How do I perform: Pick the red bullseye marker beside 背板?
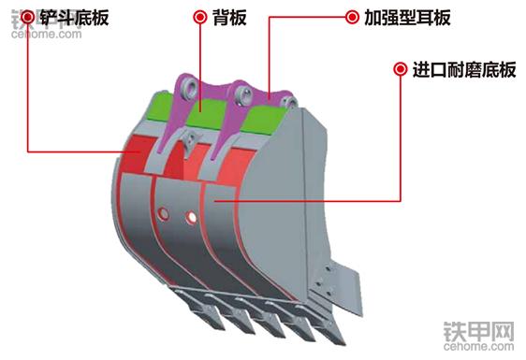point(199,17)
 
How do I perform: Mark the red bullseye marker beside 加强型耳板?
point(351,17)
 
